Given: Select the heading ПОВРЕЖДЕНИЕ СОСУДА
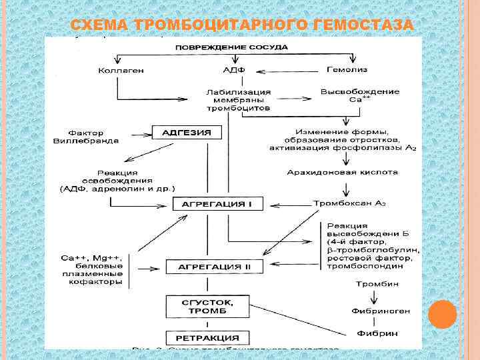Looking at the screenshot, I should pos(232,47).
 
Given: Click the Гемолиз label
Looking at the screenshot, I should pos(347,69).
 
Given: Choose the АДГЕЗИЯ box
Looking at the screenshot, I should pos(187,133).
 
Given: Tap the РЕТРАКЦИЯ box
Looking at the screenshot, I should pos(207,338).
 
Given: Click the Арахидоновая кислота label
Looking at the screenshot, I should pos(342,172).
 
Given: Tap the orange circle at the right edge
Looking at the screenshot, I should pos(442,314).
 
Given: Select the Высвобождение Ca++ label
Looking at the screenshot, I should pos(360,95).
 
